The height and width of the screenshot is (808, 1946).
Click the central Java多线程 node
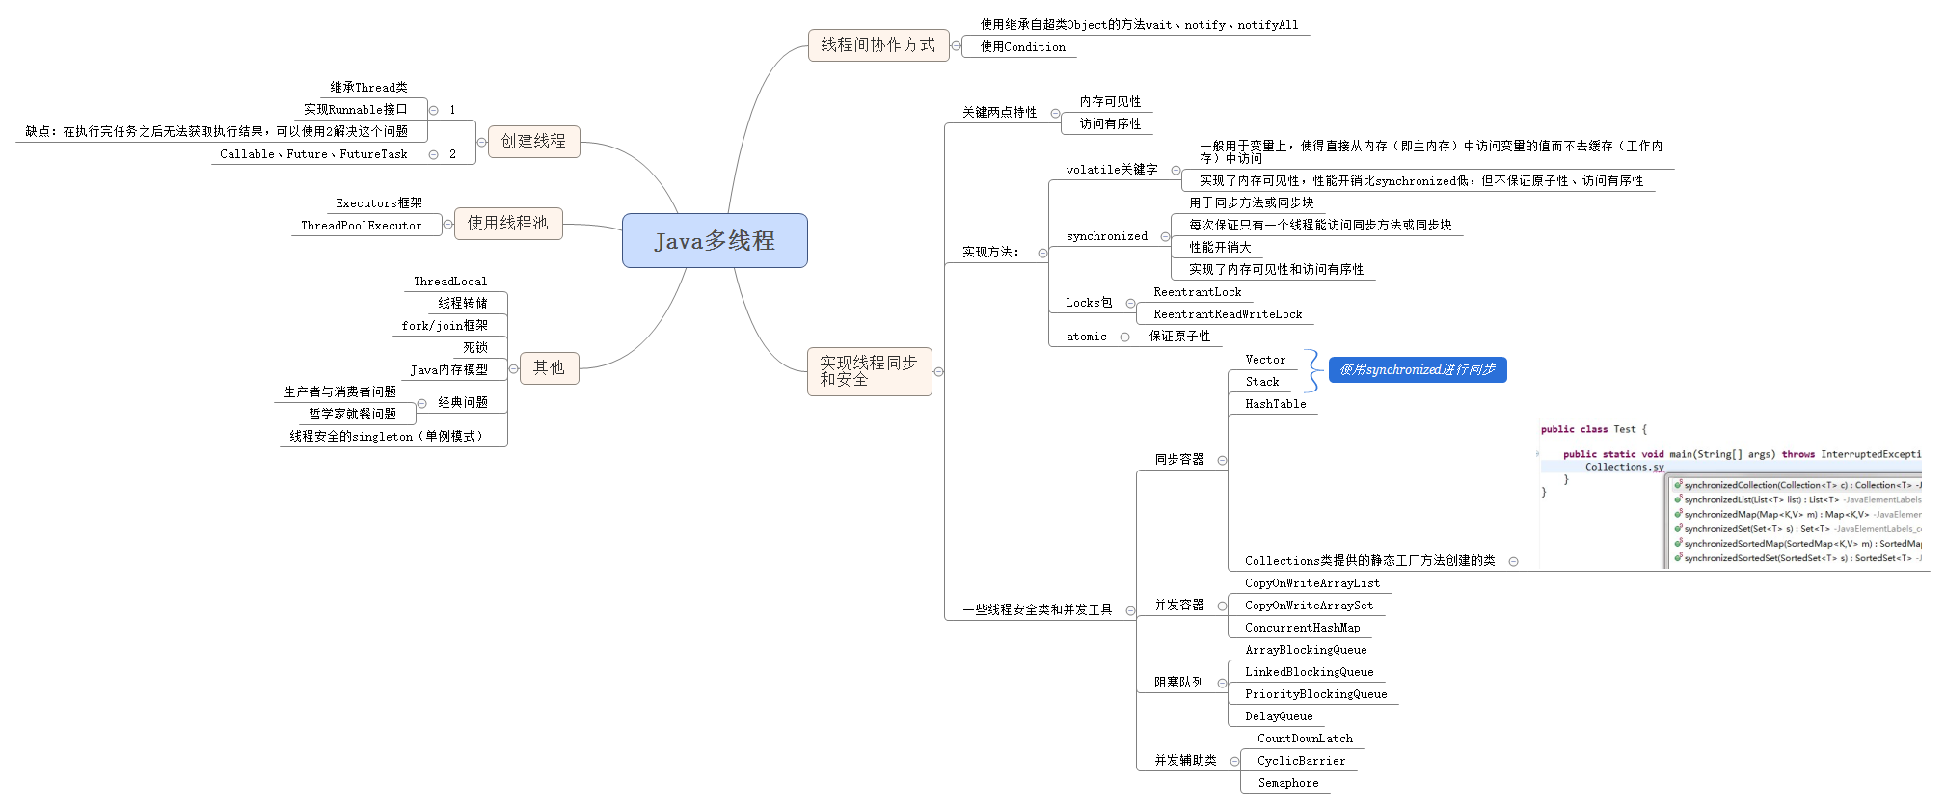[x=715, y=241]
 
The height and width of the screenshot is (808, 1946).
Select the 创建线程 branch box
[x=533, y=142]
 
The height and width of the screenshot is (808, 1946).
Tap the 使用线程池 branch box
[x=508, y=224]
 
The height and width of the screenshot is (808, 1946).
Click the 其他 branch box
[x=549, y=368]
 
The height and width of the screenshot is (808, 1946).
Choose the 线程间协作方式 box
[x=878, y=45]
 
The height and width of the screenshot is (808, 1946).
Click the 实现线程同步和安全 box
[x=869, y=371]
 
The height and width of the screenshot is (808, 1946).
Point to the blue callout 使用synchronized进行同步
[x=1417, y=370]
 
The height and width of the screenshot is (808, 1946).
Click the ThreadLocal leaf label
[x=450, y=282]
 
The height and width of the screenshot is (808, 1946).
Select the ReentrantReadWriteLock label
[x=1228, y=314]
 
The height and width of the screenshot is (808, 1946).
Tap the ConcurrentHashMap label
[x=1302, y=628]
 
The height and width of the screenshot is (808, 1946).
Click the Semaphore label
[x=1287, y=783]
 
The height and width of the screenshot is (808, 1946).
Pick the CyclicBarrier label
[x=1301, y=761]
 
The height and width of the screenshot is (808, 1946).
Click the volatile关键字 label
[x=1111, y=170]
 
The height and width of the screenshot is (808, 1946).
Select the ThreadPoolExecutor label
[x=361, y=226]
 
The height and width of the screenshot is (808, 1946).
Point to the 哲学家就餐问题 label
[x=352, y=414]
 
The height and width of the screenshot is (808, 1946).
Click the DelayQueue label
[x=1279, y=716]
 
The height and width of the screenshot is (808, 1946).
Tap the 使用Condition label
[x=1022, y=47]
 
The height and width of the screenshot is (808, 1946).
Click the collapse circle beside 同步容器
[x=1222, y=461]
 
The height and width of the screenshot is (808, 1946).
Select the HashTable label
[x=1275, y=404]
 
